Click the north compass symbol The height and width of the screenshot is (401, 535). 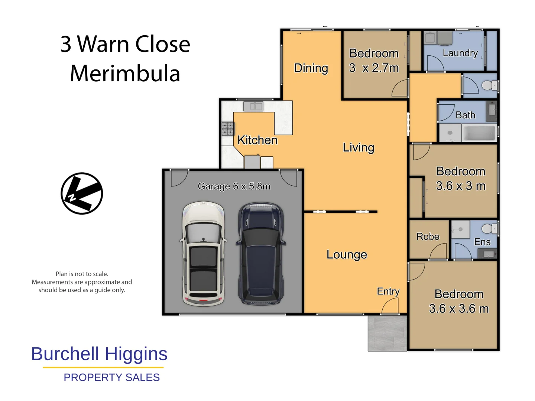click(x=82, y=193)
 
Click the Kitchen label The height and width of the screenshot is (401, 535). click(x=257, y=140)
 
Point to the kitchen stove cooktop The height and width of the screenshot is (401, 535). click(x=227, y=128)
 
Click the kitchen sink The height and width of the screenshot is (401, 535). click(x=253, y=106)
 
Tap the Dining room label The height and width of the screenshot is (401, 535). click(x=311, y=68)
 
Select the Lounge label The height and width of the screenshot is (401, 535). click(x=347, y=254)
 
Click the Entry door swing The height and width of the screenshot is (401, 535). click(x=390, y=306)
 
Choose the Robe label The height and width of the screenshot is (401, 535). click(x=428, y=237)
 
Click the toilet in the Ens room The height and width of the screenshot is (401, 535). click(x=489, y=228)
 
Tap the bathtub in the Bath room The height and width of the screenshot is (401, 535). click(x=479, y=133)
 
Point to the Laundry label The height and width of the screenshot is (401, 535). click(x=460, y=53)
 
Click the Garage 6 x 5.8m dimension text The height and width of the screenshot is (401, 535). click(x=234, y=186)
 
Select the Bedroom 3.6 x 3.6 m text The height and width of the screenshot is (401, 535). click(x=459, y=301)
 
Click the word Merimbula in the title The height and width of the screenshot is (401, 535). click(x=125, y=73)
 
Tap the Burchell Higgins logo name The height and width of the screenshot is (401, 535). click(x=99, y=354)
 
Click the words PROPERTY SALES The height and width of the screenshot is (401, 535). click(x=111, y=377)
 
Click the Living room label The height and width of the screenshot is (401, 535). click(x=358, y=147)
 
